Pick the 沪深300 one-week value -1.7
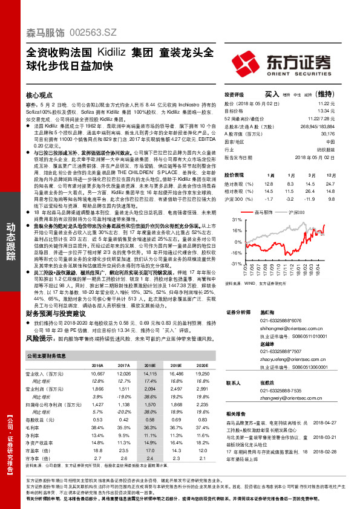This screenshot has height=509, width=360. [x=269, y=198]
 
